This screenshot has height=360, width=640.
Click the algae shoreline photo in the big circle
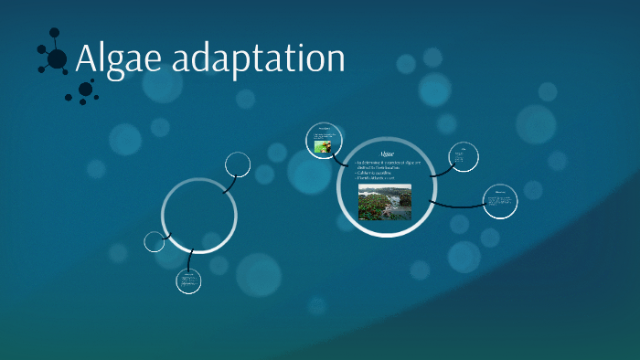point(384,202)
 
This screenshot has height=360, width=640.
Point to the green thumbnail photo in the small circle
point(322,145)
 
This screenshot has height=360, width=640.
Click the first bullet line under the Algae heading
point(384,163)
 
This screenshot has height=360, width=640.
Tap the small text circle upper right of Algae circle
point(463,157)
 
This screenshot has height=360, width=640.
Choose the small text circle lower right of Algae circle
point(500,200)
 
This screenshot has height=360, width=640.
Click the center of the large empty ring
point(199,216)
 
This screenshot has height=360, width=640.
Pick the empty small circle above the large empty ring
point(238,164)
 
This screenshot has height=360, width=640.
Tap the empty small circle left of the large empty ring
point(155,241)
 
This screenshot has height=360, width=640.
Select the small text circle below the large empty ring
point(188,281)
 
